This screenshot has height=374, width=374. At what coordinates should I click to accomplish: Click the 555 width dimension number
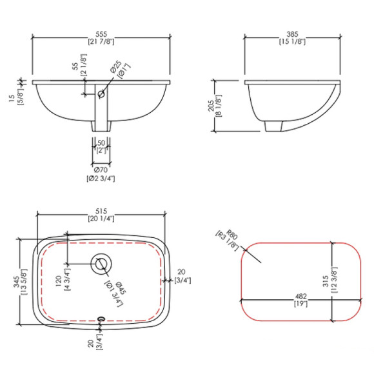tap(101, 34)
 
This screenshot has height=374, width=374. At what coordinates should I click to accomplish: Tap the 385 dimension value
tap(292, 34)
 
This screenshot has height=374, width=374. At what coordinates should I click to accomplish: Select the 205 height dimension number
tap(212, 106)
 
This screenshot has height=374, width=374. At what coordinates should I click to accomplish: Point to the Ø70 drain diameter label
tap(101, 170)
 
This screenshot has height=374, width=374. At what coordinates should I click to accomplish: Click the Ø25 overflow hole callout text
tap(116, 67)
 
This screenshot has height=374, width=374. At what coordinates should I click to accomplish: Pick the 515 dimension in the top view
tap(101, 212)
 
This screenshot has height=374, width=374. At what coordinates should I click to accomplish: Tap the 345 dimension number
tap(17, 282)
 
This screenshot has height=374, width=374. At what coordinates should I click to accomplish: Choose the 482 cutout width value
tap(300, 297)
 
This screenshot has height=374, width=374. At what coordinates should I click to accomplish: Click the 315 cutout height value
tap(326, 280)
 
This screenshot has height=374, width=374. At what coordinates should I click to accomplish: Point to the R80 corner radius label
tap(232, 234)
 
